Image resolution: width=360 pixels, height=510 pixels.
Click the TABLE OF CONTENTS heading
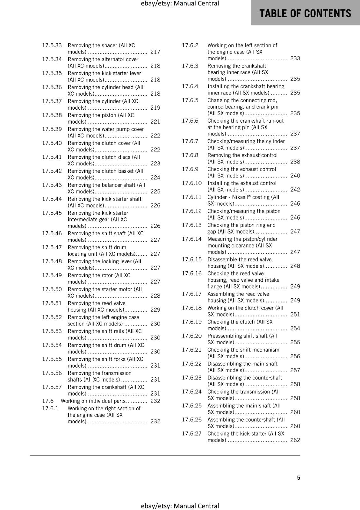pyautogui.click(x=305, y=13)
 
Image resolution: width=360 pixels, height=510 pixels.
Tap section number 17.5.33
pyautogui.click(x=52, y=45)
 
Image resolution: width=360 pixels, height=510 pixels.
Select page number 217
pyautogui.click(x=155, y=52)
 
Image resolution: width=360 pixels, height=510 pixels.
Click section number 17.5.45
pyautogui.click(x=52, y=213)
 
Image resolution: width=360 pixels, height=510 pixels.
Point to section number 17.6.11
pyautogui.click(x=192, y=197)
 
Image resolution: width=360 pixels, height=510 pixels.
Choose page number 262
pyautogui.click(x=295, y=440)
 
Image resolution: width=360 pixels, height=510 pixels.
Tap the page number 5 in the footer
pyautogui.click(x=299, y=477)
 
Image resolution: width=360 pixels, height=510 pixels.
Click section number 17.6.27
pyautogui.click(x=192, y=433)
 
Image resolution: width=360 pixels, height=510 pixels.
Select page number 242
pyautogui.click(x=295, y=190)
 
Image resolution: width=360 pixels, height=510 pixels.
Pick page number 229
pyautogui.click(x=155, y=310)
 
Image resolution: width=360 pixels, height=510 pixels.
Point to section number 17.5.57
pyautogui.click(x=52, y=387)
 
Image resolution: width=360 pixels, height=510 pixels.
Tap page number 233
pyautogui.click(x=295, y=58)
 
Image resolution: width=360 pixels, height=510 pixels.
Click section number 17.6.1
pyautogui.click(x=50, y=408)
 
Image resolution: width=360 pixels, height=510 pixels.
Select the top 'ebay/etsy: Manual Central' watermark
pyautogui.click(x=180, y=4)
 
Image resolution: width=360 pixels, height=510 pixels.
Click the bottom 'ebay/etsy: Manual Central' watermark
pyautogui.click(x=180, y=506)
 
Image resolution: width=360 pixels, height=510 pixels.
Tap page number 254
pyautogui.click(x=295, y=328)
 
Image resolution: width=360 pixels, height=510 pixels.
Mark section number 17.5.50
pyautogui.click(x=52, y=289)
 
